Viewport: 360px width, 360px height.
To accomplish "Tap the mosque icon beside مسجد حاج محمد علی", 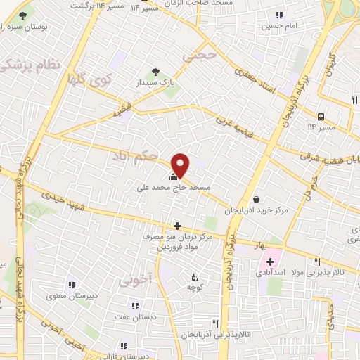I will [174, 176].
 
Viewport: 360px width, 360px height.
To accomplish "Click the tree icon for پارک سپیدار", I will [156, 71].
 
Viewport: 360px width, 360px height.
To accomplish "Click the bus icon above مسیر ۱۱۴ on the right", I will [321, 117].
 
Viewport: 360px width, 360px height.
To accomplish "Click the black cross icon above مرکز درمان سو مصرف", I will [177, 226].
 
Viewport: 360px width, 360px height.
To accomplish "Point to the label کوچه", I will [195, 287].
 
